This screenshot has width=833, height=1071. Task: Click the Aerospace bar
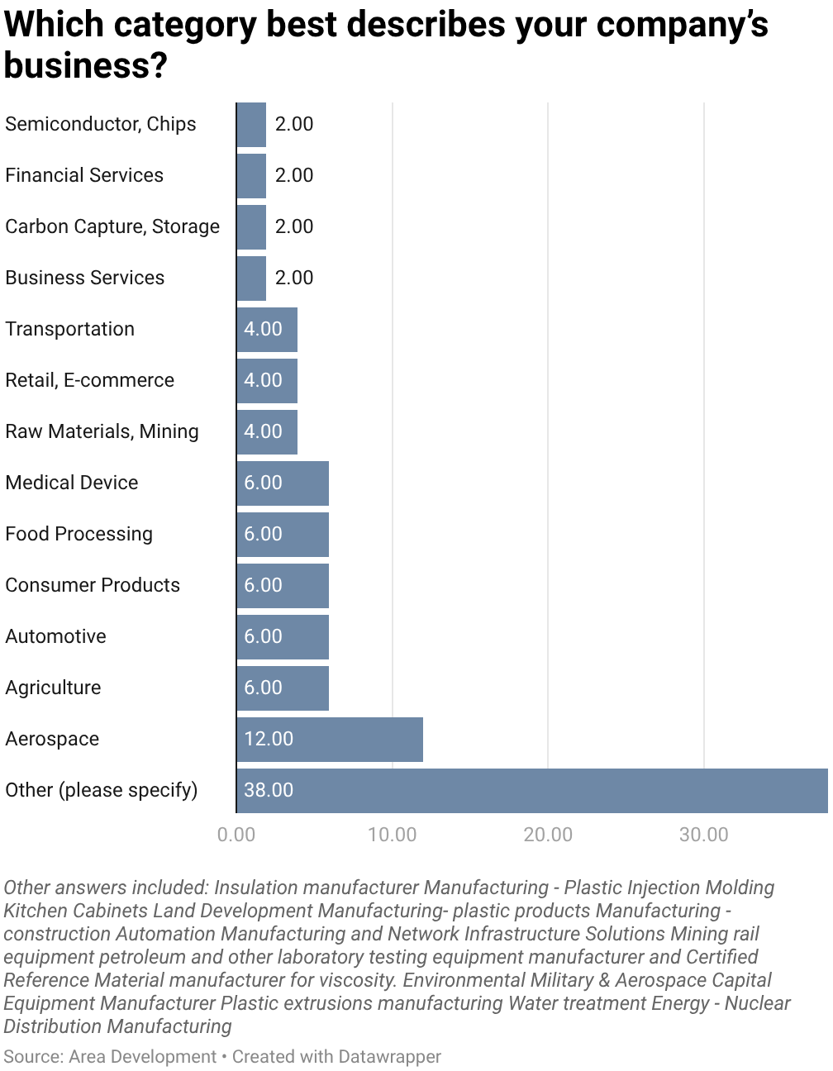pos(330,739)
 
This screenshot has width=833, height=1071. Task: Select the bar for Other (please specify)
pos(532,790)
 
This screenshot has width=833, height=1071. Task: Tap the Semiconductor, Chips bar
pos(251,124)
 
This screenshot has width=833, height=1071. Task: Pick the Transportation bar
pos(267,329)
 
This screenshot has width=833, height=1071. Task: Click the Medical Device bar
pos(283,483)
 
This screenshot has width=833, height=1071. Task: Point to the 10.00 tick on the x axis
pos(392,835)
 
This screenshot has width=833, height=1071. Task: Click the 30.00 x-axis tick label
pos(703,835)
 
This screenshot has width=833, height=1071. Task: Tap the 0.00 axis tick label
pos(236,835)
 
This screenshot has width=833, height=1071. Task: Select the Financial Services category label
pos(84,175)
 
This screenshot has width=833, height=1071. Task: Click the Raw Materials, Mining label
pos(102,431)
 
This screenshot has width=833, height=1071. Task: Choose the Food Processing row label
pos(79,534)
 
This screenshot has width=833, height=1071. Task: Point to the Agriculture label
pos(53,688)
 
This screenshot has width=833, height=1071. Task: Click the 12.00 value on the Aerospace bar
pos(269,739)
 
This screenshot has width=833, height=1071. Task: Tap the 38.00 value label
pos(269,790)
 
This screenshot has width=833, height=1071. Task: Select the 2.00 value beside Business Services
pos(294,278)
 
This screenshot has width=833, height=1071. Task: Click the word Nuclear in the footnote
pos(759,1003)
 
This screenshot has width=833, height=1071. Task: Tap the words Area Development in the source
pos(142,1056)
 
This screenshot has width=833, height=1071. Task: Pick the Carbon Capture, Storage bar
pos(251,226)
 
